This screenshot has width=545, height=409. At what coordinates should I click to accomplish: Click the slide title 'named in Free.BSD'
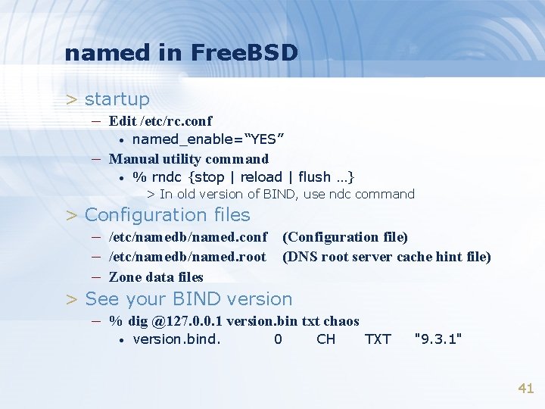click(182, 53)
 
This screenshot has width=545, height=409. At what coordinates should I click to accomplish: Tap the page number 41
click(525, 389)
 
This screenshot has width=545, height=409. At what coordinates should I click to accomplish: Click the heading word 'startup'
click(117, 99)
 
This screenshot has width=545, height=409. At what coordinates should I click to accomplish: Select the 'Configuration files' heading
click(167, 215)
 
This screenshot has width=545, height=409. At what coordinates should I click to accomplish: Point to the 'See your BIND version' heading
click(188, 299)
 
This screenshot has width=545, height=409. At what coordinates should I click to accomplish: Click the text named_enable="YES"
click(208, 139)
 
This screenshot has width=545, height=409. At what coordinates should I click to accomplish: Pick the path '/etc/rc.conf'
click(181, 120)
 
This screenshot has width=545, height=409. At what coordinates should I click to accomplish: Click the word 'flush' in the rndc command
click(315, 177)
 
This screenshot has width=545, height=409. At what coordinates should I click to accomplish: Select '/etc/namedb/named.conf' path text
click(188, 238)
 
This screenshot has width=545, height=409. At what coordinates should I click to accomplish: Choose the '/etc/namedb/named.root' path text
click(188, 257)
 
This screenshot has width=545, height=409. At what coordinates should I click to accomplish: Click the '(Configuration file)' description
click(344, 238)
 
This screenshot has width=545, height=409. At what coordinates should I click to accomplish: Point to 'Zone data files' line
click(156, 276)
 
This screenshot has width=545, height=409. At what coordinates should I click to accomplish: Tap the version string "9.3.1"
click(438, 339)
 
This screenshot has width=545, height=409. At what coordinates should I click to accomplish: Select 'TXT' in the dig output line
click(378, 339)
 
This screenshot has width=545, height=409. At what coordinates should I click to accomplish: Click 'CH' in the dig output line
click(326, 339)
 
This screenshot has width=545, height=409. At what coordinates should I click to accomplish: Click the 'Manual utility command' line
click(188, 159)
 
